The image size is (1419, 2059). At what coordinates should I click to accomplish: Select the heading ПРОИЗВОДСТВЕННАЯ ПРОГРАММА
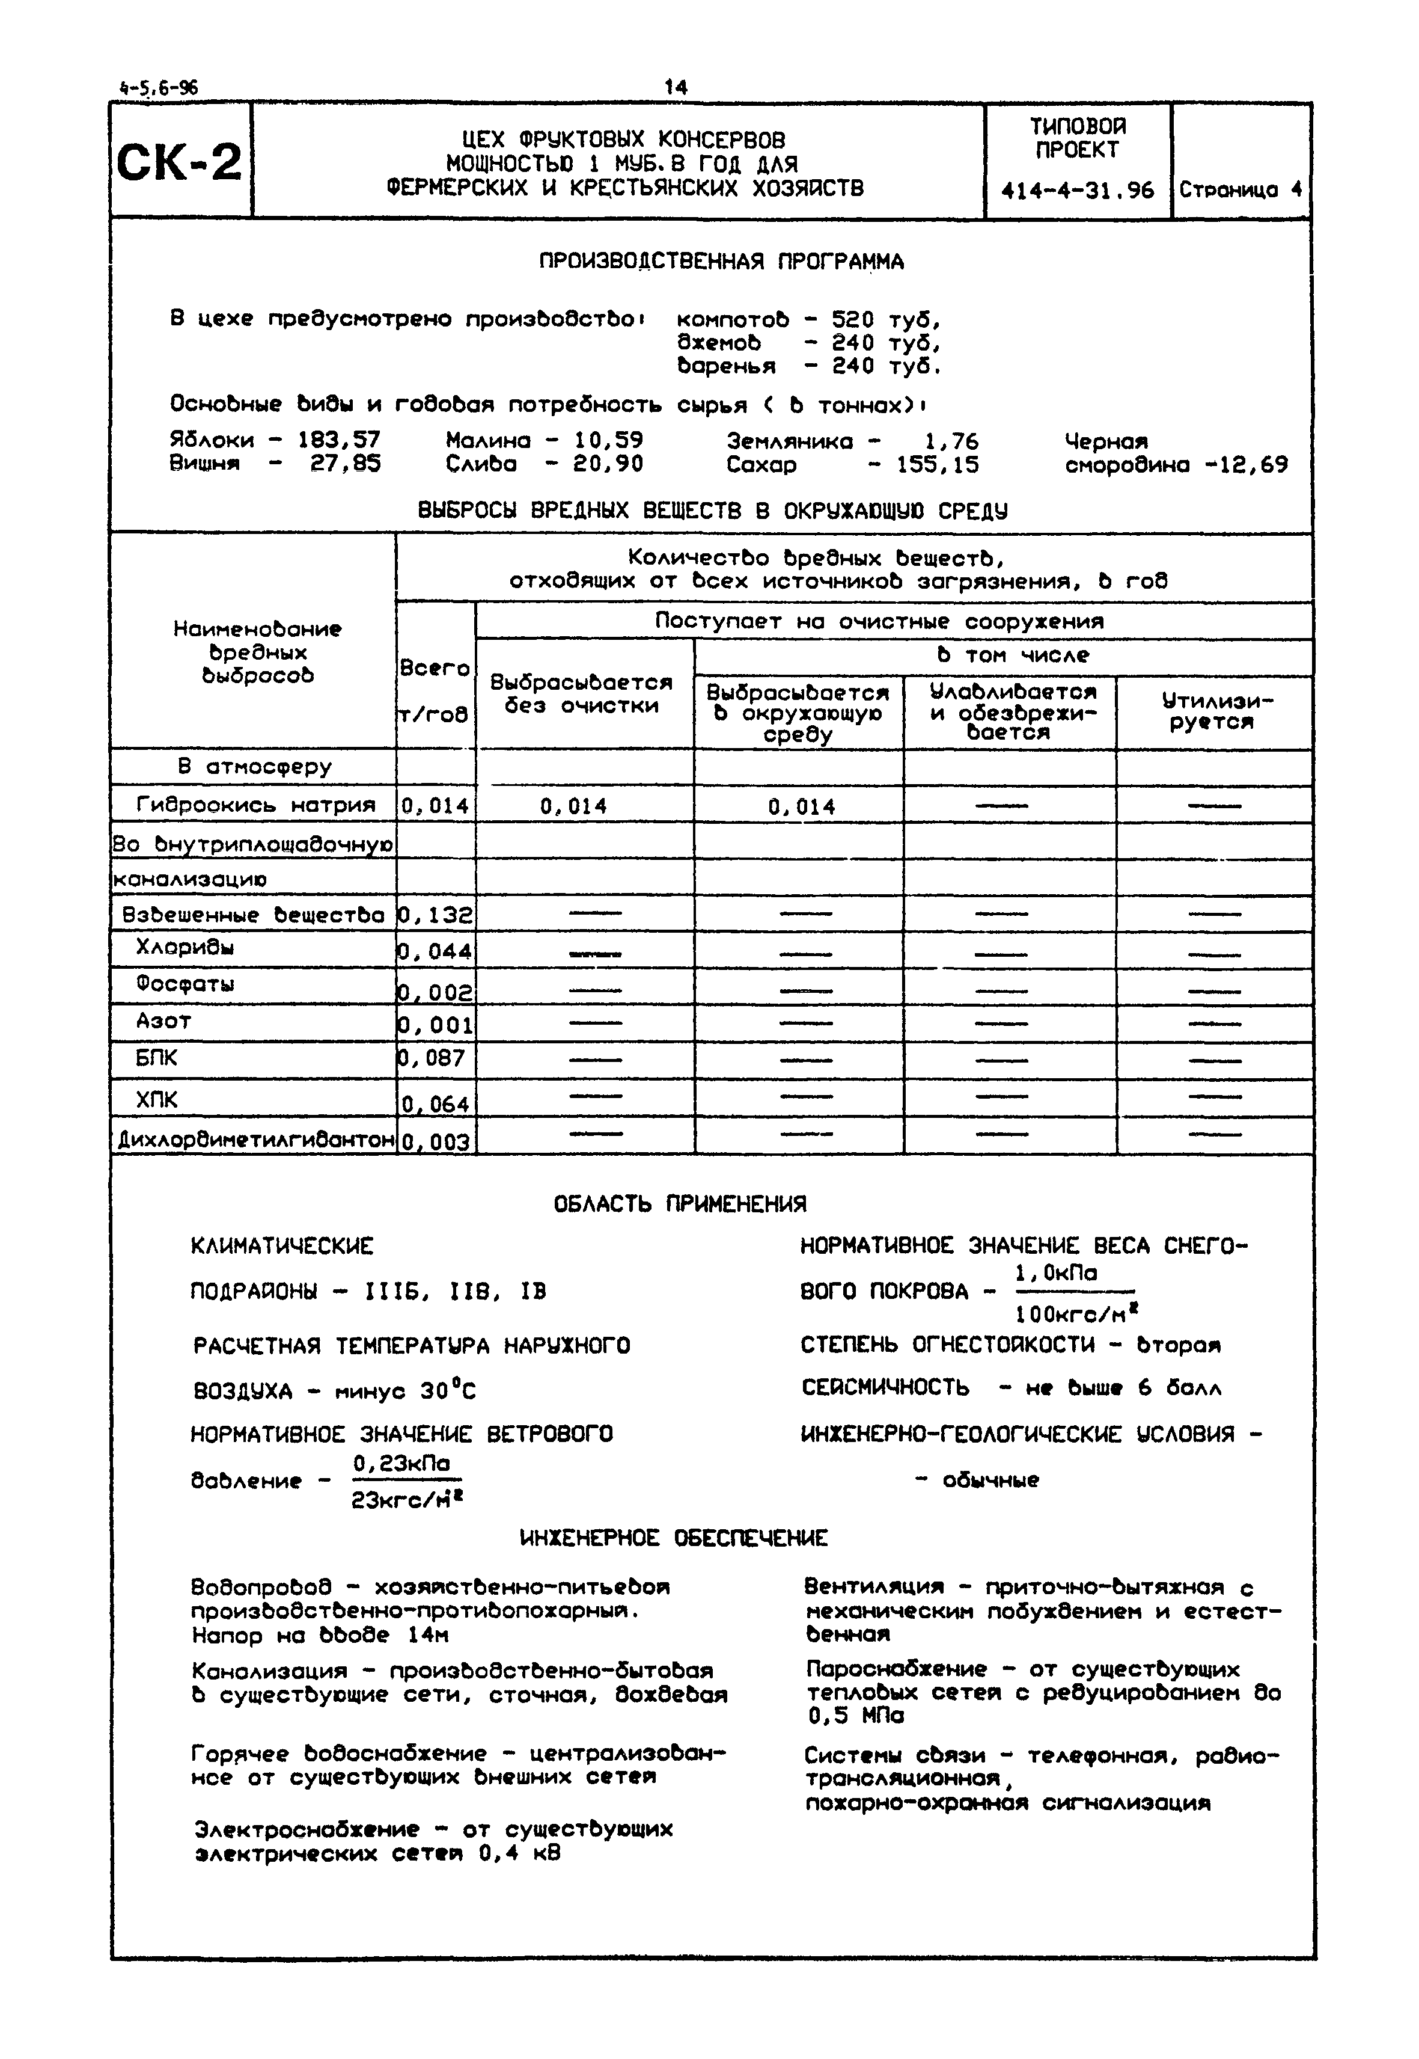[x=721, y=262]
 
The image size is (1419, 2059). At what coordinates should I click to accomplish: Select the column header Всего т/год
[x=434, y=690]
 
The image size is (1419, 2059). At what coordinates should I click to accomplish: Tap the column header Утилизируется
[x=1215, y=711]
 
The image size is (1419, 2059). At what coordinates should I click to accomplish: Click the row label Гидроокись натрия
[x=255, y=806]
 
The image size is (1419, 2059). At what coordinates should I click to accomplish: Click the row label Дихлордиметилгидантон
[x=255, y=1140]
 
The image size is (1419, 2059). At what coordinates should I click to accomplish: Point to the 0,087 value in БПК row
[x=435, y=1058]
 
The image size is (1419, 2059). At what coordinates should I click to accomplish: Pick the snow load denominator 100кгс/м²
[x=1076, y=1314]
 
